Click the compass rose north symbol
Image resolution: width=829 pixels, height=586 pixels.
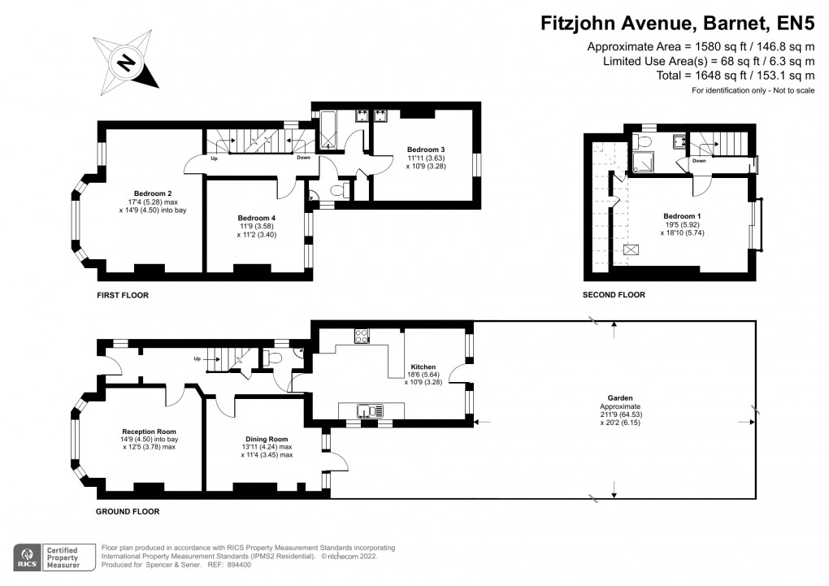[126, 62]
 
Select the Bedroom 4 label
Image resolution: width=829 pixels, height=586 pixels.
[256, 218]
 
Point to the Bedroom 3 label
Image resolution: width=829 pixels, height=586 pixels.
[426, 150]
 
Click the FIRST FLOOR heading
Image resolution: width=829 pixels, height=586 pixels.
[124, 295]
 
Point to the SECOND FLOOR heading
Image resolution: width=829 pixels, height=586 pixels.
[614, 295]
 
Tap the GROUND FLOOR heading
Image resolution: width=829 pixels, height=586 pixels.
[128, 512]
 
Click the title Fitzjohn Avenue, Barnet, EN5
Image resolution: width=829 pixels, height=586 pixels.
[677, 24]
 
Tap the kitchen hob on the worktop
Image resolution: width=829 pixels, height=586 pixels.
[362, 336]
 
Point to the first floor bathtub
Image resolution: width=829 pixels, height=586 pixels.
[330, 132]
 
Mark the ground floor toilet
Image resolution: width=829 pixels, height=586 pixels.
[273, 358]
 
